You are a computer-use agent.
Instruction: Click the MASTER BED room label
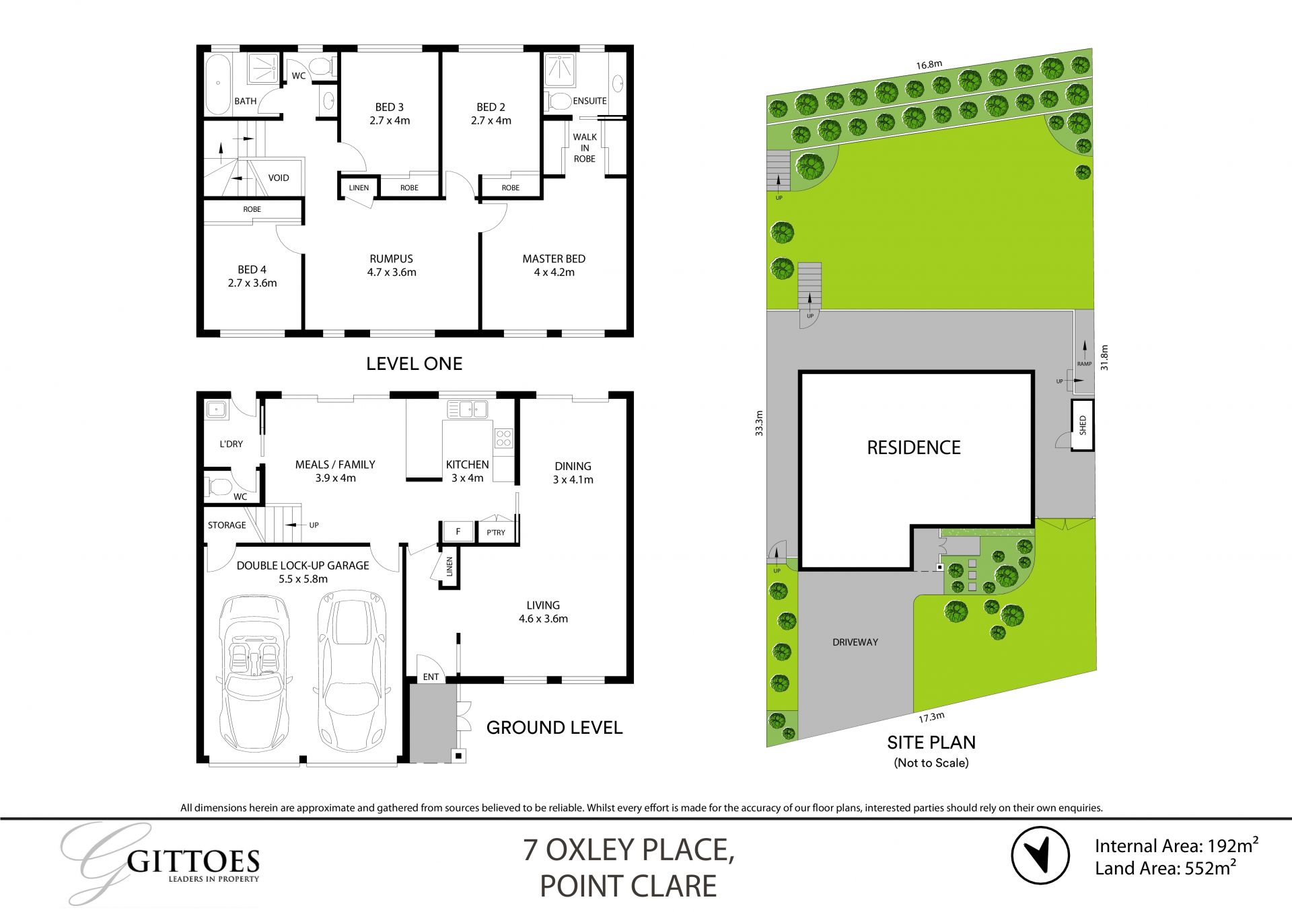553,259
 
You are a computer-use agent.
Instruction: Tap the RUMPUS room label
391,259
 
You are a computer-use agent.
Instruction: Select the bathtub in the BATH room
217,84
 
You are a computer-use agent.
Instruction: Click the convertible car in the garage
254,673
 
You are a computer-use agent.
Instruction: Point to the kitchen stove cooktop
503,439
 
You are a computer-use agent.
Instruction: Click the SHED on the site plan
1082,425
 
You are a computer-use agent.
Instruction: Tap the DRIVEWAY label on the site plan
855,642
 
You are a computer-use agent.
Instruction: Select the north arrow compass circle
1040,855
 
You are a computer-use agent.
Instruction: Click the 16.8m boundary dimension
929,65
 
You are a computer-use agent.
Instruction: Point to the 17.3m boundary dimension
931,717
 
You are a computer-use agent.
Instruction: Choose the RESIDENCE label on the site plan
913,448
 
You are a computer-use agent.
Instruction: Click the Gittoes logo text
193,862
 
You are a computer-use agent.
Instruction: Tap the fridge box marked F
458,532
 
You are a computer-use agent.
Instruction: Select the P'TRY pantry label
496,533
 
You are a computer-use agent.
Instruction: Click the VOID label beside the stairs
279,178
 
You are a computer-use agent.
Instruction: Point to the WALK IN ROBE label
585,148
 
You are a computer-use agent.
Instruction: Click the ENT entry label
431,677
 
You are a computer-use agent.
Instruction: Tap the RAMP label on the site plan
1084,364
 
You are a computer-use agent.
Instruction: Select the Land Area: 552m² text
1165,868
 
